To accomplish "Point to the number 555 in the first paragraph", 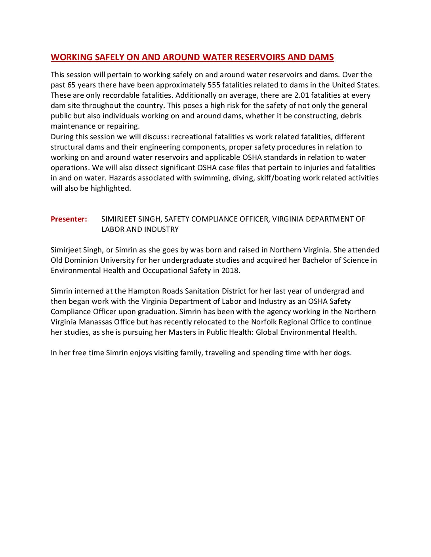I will click(x=214, y=85).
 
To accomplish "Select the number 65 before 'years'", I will click(x=71, y=85).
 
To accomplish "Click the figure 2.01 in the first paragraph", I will click(x=301, y=95).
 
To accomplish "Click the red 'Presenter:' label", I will click(x=69, y=219).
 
